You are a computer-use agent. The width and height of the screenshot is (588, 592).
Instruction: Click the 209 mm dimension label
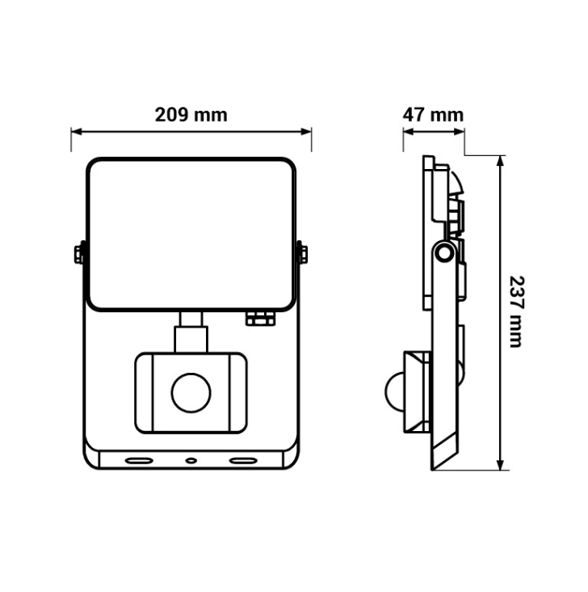click(191, 115)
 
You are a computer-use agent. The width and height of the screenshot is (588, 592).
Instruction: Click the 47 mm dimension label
click(433, 115)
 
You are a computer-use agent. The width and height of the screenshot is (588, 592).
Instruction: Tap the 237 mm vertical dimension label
click(516, 311)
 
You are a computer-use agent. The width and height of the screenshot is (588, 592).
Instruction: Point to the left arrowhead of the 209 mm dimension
click(76, 132)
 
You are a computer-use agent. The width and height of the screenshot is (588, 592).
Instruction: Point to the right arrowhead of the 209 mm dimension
click(306, 132)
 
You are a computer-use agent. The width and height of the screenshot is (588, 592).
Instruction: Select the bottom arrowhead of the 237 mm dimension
click(501, 465)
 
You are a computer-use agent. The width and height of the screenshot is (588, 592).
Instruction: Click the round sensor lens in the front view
click(191, 393)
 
